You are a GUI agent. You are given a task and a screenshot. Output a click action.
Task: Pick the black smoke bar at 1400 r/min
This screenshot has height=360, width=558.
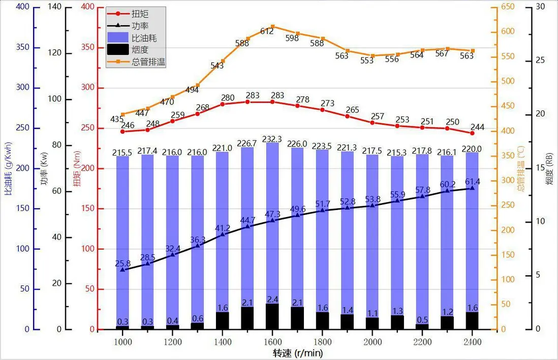[x=223, y=320]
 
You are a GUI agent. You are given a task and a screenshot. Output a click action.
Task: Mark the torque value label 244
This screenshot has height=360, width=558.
[x=478, y=127]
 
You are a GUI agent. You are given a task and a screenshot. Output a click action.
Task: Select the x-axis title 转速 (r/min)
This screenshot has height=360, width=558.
[x=297, y=352]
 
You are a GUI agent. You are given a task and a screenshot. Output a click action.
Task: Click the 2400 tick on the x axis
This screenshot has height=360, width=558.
[x=472, y=342]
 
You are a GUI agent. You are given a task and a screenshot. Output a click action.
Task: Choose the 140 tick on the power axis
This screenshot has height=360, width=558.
[x=55, y=7]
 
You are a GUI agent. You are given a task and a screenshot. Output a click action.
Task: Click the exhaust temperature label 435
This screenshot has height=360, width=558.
[x=117, y=119]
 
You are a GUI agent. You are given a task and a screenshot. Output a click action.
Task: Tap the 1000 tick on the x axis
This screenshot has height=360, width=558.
[x=122, y=342]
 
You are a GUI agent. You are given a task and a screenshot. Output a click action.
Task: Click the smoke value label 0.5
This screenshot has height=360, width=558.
[x=422, y=320]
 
